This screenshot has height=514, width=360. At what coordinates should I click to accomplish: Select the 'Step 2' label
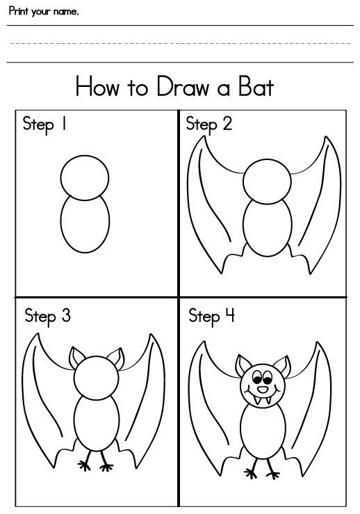tap(208, 125)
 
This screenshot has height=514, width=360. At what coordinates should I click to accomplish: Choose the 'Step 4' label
tap(212, 317)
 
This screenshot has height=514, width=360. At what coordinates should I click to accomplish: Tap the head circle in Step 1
tap(85, 177)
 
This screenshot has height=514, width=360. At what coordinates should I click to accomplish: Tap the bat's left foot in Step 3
tap(87, 465)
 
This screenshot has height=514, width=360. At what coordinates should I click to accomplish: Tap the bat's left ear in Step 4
tap(243, 364)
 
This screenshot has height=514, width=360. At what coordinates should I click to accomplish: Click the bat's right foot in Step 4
tap(272, 472)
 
